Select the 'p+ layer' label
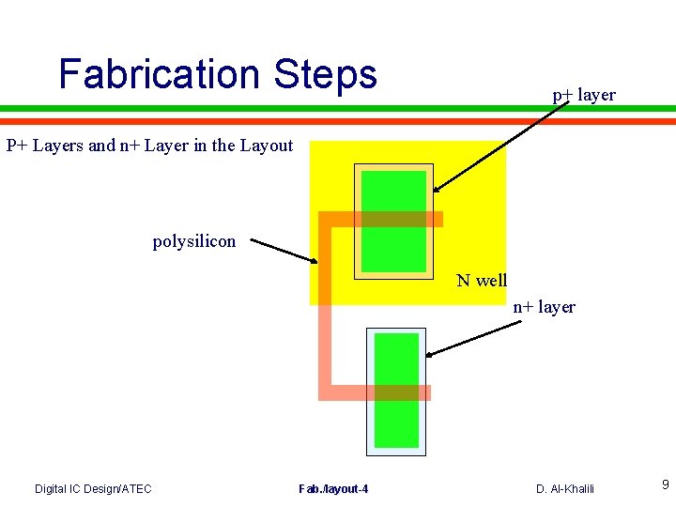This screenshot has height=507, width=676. pos(583,95)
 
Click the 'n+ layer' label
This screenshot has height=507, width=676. pos(544,307)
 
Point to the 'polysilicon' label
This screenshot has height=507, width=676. pos(194,241)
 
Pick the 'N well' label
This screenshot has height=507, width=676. pos(482,280)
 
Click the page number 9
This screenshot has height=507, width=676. pos(665,484)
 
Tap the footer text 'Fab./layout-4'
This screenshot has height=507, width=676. pos(333,488)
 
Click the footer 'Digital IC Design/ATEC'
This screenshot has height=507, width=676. pos(93,488)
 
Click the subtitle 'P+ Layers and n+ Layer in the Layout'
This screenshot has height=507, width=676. pos(150,146)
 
